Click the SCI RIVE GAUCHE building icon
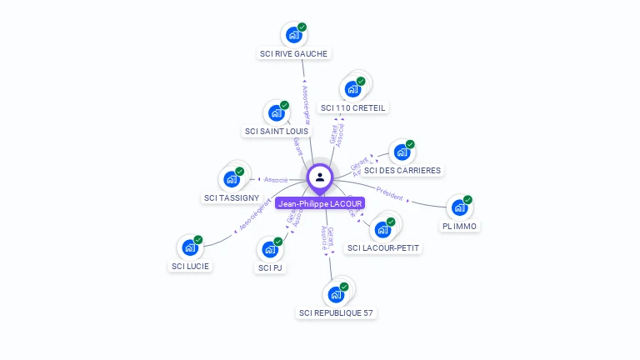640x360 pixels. point(293,35)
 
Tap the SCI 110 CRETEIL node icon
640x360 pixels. point(352,89)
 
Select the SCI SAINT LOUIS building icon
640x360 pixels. point(275,113)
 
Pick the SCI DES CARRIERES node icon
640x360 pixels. point(402,152)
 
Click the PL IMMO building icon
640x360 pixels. point(459,207)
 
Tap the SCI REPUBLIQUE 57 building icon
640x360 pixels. point(335,294)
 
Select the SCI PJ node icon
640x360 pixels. point(269,249)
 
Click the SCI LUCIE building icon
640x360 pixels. point(190,247)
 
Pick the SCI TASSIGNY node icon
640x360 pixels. point(231,179)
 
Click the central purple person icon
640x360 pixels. point(320,177)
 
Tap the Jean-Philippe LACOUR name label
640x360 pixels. point(320,203)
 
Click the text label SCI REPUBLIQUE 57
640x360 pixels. point(337,313)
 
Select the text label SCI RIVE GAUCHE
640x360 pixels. point(293,53)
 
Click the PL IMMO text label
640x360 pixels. point(461,226)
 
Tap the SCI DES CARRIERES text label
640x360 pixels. point(402,171)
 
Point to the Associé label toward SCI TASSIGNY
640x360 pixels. point(276,179)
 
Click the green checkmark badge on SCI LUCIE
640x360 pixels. point(199,239)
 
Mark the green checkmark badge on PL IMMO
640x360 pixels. point(468,199)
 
